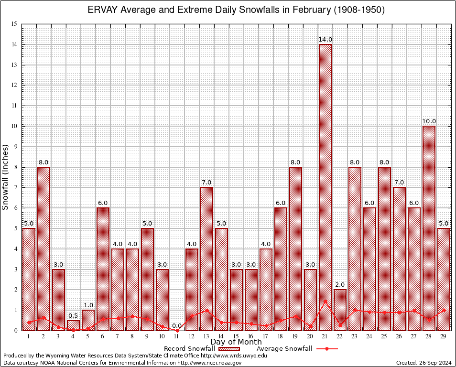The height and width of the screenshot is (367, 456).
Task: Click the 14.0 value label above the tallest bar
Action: point(325,39)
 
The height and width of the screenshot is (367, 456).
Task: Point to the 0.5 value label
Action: point(73,315)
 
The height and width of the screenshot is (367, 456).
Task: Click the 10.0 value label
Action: point(429,121)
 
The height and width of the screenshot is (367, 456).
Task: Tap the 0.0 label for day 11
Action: point(177,325)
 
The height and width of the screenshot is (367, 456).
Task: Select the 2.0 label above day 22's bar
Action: point(340,285)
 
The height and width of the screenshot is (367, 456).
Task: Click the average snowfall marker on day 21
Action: point(325,301)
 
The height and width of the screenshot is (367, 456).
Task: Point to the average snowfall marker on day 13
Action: point(206,310)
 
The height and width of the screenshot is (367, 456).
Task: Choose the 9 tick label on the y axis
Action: point(15,147)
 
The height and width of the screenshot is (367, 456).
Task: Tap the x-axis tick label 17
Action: point(266,336)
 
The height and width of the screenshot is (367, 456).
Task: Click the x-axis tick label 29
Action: point(444,336)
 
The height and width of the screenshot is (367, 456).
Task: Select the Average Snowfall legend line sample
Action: point(326,349)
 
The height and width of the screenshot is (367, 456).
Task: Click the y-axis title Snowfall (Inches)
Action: point(6,177)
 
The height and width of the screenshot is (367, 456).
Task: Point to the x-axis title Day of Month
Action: point(236,342)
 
